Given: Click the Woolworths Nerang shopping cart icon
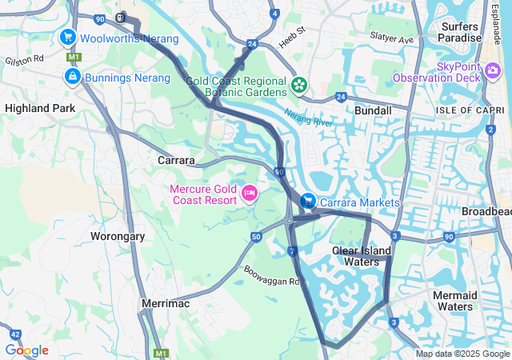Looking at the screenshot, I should (68, 38).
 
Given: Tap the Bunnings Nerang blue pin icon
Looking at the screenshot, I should (73, 77).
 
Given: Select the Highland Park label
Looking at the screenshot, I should (40, 108).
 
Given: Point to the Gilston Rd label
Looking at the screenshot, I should (24, 60).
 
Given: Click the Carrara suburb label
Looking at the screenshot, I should (176, 161).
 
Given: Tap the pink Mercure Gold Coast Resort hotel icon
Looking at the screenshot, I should (249, 193).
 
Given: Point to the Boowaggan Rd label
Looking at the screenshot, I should (271, 275).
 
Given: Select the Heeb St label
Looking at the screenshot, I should (290, 32).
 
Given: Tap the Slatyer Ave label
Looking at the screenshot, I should (391, 38).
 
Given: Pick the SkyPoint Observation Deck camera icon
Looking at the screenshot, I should (493, 71).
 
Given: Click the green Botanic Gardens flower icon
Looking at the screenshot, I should (299, 82).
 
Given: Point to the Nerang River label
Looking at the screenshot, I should (308, 118).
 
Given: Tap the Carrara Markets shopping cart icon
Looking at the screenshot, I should (308, 201).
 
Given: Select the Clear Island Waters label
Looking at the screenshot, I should (362, 256).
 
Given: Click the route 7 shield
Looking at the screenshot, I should (293, 252).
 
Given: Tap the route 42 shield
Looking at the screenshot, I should (15, 334).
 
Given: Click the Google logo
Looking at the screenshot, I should (26, 350).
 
